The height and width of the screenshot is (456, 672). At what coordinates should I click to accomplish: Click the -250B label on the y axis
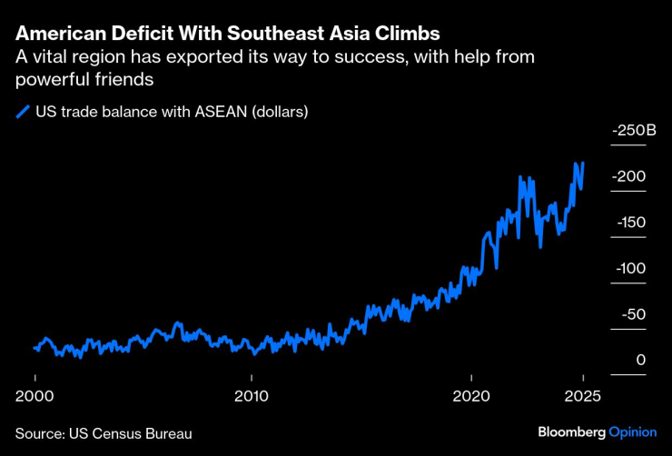click(634, 131)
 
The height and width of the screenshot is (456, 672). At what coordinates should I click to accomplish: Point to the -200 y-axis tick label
click(629, 176)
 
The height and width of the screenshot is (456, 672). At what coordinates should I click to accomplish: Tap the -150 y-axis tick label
click(629, 223)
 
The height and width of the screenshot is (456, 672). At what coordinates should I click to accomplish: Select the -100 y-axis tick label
click(629, 269)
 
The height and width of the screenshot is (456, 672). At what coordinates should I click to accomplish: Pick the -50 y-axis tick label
click(632, 314)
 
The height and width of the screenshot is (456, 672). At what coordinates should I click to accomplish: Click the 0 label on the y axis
click(641, 361)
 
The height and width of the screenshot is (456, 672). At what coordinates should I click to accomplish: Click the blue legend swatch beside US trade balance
click(22, 113)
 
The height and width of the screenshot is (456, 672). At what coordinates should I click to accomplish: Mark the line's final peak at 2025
click(583, 164)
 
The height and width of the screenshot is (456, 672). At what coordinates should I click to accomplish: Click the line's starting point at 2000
click(35, 348)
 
